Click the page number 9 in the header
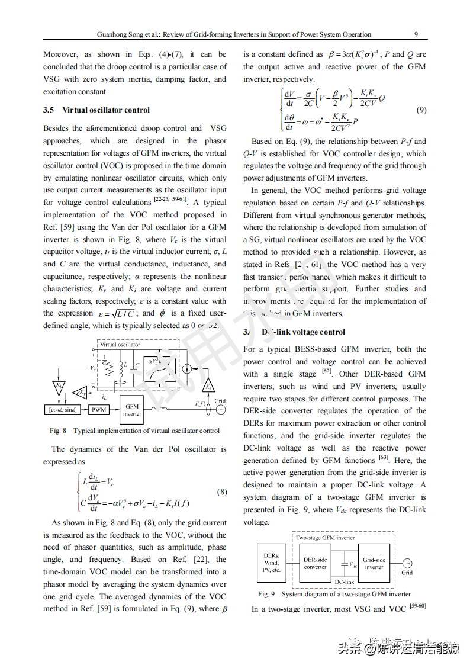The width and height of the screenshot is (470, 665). coord(416,34)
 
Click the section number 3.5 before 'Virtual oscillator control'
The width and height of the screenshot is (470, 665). coord(49,110)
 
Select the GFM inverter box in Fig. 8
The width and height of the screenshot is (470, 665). coord(132,410)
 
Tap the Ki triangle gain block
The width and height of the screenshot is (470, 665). coord(208,386)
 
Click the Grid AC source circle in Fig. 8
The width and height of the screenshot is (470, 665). coord(220,409)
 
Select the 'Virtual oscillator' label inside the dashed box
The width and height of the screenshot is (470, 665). coord(120,345)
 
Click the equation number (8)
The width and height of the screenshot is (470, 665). coord(221,492)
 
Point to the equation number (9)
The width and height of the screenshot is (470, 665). coord(421,110)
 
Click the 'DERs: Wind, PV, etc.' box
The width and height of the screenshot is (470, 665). coord(272,563)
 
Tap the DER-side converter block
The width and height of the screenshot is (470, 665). coord(315,563)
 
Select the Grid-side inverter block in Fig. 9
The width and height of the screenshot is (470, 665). coord(374,563)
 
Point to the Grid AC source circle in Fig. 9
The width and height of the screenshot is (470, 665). coord(407,563)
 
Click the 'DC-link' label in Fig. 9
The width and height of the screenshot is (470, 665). coord(344,582)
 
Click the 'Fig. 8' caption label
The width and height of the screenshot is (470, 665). coord(58,431)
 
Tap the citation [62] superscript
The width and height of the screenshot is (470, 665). coord(326,371)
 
